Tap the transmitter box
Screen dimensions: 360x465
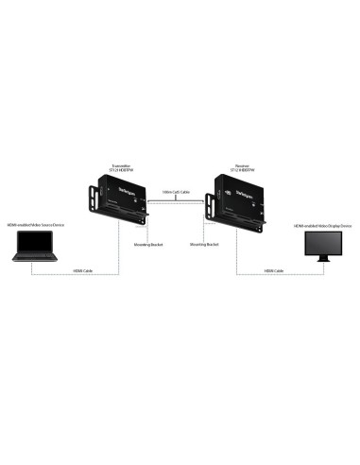click(x=122, y=198)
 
